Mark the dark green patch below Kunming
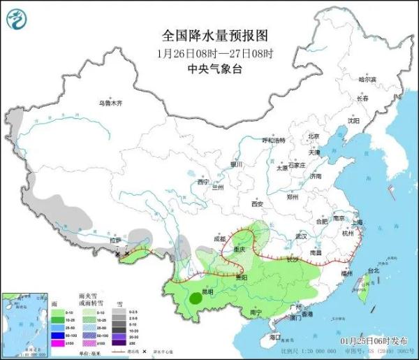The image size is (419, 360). [x=198, y=299]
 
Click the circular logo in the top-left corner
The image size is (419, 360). [x=15, y=18]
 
